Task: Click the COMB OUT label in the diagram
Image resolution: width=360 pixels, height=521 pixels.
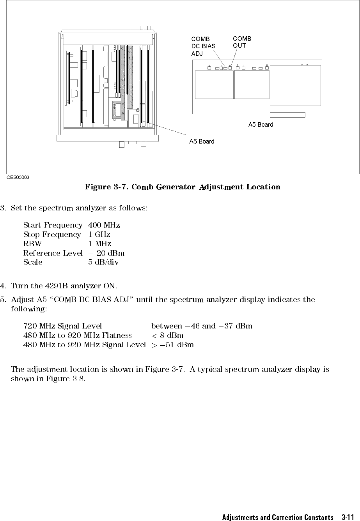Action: [x=242, y=42]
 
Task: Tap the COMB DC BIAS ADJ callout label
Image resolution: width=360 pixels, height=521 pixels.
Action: [x=203, y=46]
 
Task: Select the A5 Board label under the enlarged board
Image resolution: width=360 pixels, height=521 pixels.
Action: [x=261, y=125]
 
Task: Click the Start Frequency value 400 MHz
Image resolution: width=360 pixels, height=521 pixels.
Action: [x=104, y=225]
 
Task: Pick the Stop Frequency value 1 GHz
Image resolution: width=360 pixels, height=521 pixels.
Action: [x=99, y=235]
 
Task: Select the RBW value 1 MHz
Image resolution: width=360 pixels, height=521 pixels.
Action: [x=100, y=244]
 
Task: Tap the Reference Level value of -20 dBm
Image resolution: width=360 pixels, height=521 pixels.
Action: [x=106, y=253]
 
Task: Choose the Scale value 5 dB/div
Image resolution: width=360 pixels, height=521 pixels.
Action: [x=104, y=262]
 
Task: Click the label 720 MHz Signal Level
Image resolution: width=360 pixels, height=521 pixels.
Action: [x=63, y=326]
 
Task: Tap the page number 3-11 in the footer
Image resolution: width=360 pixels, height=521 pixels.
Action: [x=348, y=517]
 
